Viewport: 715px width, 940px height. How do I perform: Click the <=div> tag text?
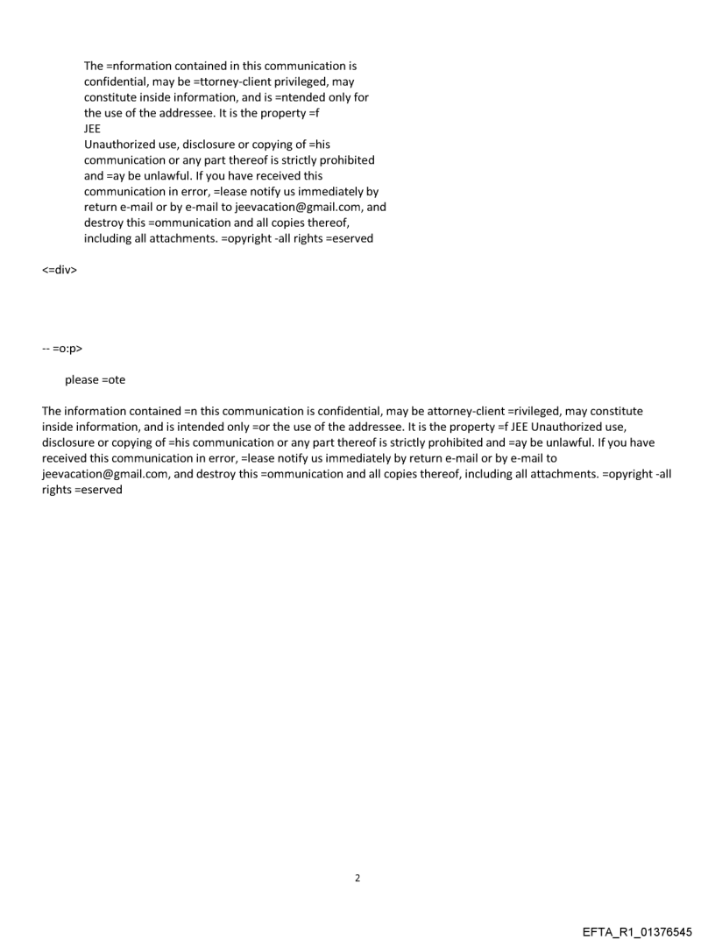[60, 270]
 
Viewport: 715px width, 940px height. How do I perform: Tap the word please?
[81, 380]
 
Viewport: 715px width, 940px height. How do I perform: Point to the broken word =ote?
[114, 380]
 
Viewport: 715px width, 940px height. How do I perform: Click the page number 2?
[357, 878]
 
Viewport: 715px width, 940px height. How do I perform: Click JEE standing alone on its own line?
[92, 128]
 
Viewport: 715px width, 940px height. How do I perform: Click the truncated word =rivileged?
[534, 411]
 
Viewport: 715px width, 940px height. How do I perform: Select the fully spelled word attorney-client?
[464, 411]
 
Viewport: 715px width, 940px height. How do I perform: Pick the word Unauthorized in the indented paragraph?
[120, 144]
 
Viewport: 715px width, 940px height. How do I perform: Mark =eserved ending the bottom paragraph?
[99, 490]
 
